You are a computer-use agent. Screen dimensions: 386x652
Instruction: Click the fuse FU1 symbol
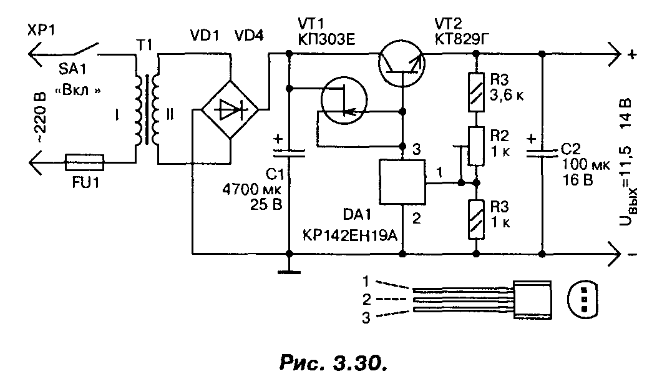(x=85, y=164)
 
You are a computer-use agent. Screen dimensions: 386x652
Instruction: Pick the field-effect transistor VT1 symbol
(x=344, y=104)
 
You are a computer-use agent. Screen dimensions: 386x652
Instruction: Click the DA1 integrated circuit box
(x=402, y=182)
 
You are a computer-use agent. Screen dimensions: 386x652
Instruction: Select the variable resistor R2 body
(x=476, y=146)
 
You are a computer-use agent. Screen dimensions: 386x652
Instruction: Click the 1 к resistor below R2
(x=476, y=219)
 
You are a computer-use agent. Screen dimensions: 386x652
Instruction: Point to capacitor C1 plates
(x=288, y=150)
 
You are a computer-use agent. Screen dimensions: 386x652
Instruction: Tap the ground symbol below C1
(x=288, y=272)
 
